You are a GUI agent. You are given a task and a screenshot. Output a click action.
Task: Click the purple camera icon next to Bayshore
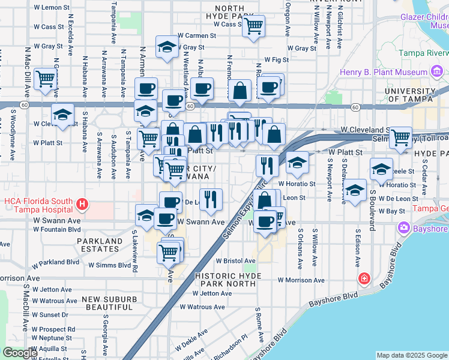pyautogui.click(x=403, y=227)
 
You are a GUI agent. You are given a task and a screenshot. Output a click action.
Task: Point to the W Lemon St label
pyautogui.click(x=52, y=7)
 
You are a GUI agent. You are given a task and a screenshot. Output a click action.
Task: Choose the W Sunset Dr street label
pyautogui.click(x=50, y=314)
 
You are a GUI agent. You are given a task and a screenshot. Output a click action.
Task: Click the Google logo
pyautogui.click(x=20, y=353)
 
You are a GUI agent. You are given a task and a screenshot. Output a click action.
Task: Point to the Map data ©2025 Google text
pyautogui.click(x=412, y=355)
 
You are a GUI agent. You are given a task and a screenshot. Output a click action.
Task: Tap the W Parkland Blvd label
pyautogui.click(x=56, y=262)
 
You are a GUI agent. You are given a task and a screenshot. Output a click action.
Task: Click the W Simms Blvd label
pyautogui.click(x=109, y=265)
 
